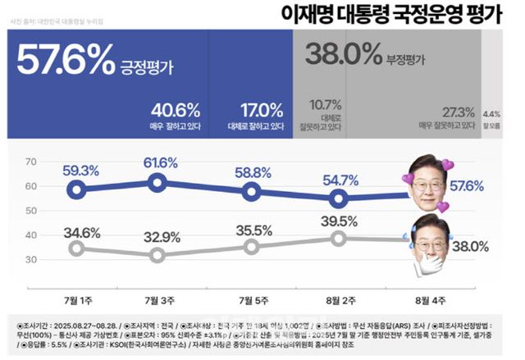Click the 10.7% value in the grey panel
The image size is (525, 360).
tap(322, 105)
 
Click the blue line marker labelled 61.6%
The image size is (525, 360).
tap(158, 183)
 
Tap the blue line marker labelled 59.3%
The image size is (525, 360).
tap(76, 189)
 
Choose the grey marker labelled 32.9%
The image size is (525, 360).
tap(158, 255)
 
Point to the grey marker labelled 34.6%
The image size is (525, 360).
tap(76, 248)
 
